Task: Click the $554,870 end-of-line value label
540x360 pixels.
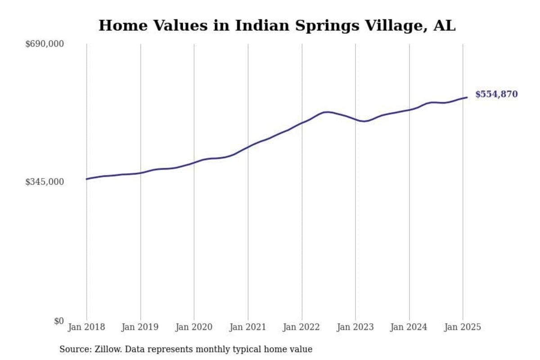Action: tap(496, 94)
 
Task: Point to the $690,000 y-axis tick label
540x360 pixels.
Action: tap(45, 44)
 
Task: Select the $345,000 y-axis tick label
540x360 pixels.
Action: tap(45, 182)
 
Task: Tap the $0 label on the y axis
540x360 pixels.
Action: tap(59, 321)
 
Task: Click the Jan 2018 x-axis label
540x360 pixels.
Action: tap(86, 327)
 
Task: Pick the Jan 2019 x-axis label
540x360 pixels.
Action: tap(140, 327)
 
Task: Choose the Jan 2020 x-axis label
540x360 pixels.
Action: tap(194, 327)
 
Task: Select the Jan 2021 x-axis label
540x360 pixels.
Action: tap(247, 327)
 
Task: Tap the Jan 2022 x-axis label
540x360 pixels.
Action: tap(301, 327)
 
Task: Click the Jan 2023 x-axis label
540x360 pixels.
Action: tap(355, 327)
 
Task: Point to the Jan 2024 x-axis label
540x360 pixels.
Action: tap(409, 327)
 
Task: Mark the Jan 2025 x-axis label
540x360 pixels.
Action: tap(463, 327)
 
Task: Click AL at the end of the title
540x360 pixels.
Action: tap(445, 26)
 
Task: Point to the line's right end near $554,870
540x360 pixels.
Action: tap(467, 97)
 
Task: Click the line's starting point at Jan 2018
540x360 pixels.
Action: tap(87, 179)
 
